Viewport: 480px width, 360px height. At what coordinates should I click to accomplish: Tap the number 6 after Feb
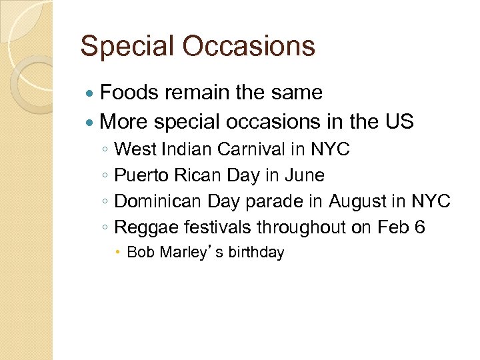[419, 227]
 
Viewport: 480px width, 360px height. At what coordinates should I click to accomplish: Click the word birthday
[256, 253]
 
